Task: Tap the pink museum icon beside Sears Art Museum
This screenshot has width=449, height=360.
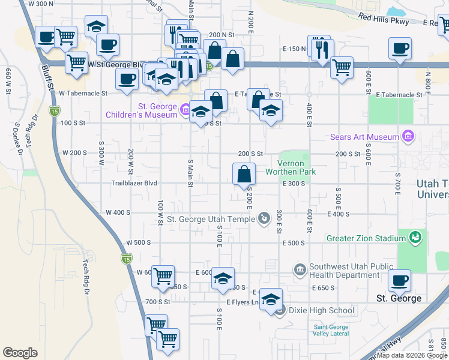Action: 409,136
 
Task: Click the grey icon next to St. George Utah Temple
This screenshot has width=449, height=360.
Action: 263,218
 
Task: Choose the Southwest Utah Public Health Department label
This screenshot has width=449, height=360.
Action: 344,271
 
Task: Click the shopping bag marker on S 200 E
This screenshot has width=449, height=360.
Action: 244,175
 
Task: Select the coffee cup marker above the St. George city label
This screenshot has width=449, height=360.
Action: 399,280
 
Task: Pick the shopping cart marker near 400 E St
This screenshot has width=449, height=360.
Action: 342,67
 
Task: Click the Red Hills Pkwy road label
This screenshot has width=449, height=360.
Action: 384,19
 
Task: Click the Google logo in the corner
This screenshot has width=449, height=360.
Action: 19,353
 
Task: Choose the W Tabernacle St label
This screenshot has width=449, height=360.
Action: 83,94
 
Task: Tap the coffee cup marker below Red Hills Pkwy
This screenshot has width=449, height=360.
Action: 399,48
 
